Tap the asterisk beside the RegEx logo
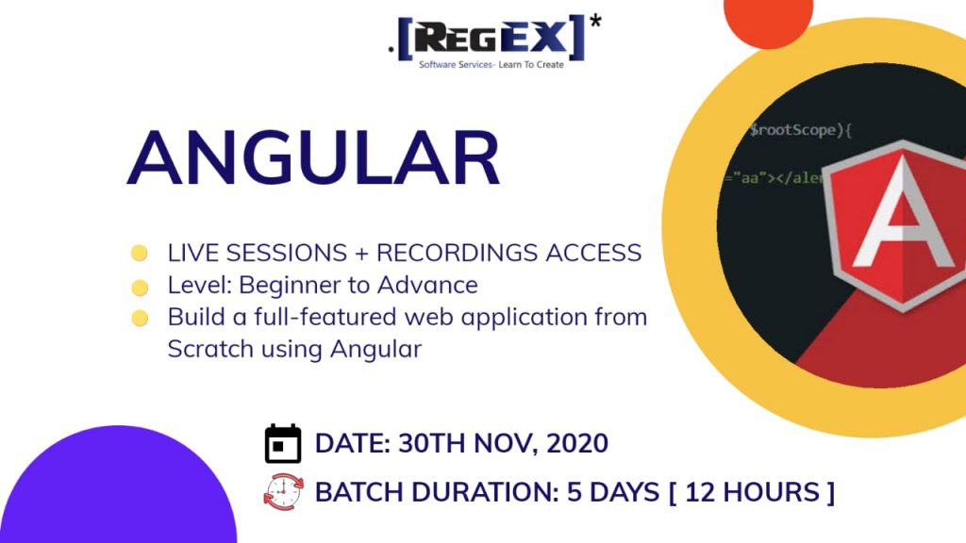tap(595, 23)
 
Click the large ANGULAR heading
tap(313, 157)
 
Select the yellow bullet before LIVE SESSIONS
tap(140, 253)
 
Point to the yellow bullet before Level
tap(140, 287)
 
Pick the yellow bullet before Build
tap(140, 319)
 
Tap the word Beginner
tap(299, 285)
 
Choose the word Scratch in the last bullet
tap(210, 349)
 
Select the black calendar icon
tap(283, 443)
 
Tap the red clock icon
tap(283, 492)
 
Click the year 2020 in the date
tap(577, 443)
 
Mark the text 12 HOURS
tap(753, 492)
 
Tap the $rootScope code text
tap(800, 130)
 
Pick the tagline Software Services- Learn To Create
tap(491, 65)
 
